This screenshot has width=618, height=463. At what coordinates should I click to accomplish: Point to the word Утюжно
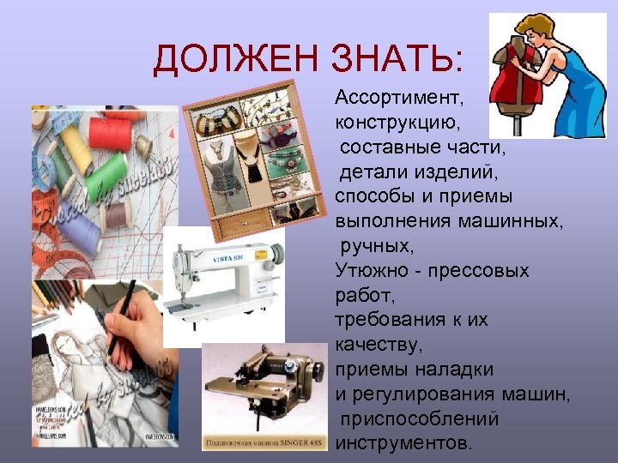374,271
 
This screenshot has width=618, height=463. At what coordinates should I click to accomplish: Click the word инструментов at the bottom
403,443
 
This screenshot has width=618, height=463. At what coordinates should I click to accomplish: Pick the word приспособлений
420,419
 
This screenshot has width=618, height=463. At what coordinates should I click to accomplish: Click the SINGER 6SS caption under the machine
263,444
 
